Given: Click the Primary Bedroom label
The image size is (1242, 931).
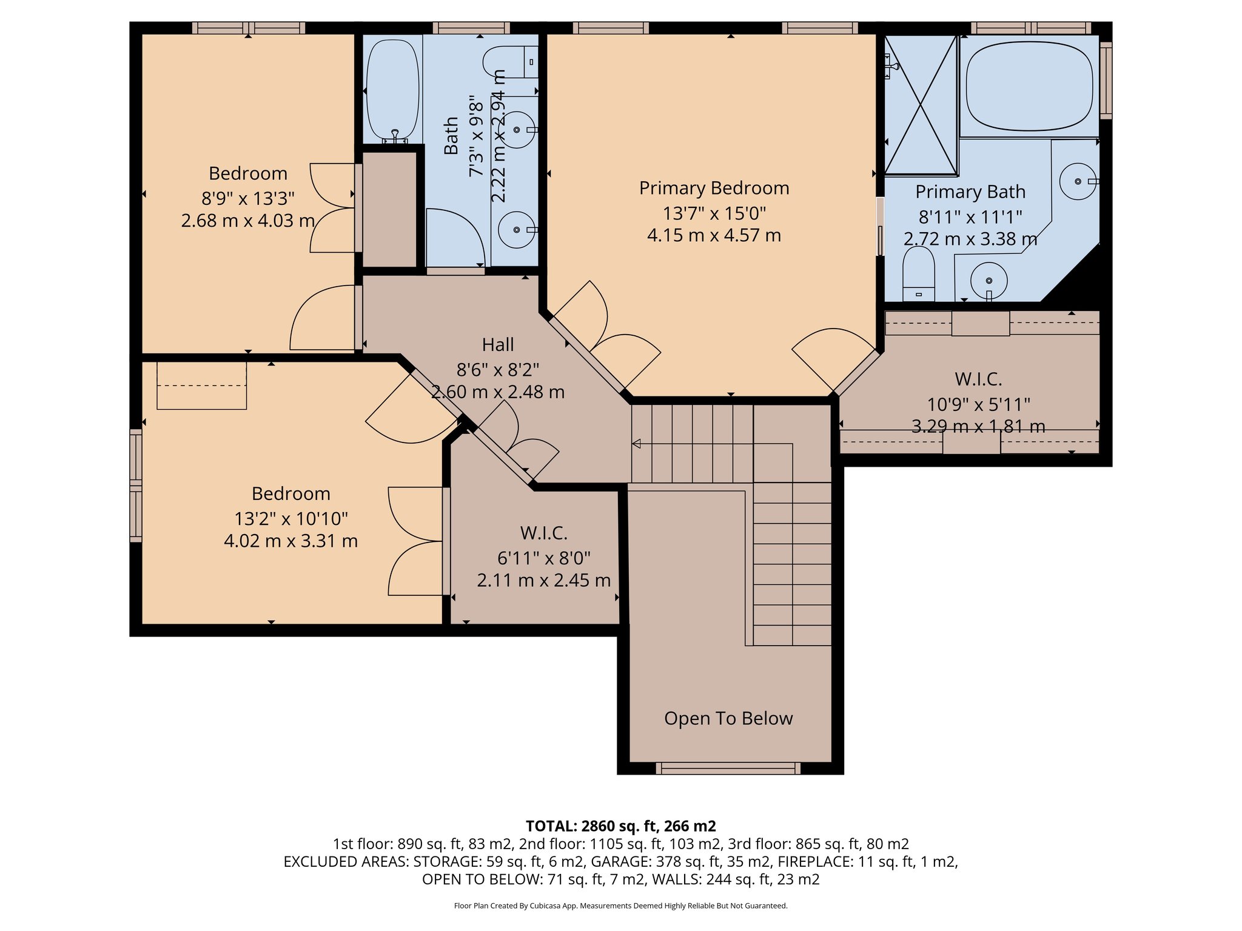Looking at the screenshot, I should (714, 189).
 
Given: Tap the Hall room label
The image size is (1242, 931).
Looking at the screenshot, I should (498, 345).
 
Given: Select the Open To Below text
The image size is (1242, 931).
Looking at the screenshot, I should (728, 718).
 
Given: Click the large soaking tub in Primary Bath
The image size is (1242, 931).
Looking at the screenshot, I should (1029, 85).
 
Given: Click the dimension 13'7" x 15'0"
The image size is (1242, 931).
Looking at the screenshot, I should (714, 213).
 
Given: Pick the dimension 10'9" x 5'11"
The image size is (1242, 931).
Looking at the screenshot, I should (978, 404).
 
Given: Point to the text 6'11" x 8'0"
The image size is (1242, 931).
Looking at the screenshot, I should (544, 558).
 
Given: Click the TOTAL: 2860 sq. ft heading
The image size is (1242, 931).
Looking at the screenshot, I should (620, 826).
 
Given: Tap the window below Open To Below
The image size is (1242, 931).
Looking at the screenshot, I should (728, 769).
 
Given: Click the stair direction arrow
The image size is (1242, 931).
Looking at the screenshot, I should (636, 444).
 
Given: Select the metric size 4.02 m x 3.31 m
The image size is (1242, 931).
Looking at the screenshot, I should (290, 541).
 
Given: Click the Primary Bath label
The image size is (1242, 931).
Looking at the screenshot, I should (970, 192).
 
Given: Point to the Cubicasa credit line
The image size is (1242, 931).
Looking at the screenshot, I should (620, 906).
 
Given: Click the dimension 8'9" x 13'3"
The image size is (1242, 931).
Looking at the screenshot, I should (247, 198).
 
